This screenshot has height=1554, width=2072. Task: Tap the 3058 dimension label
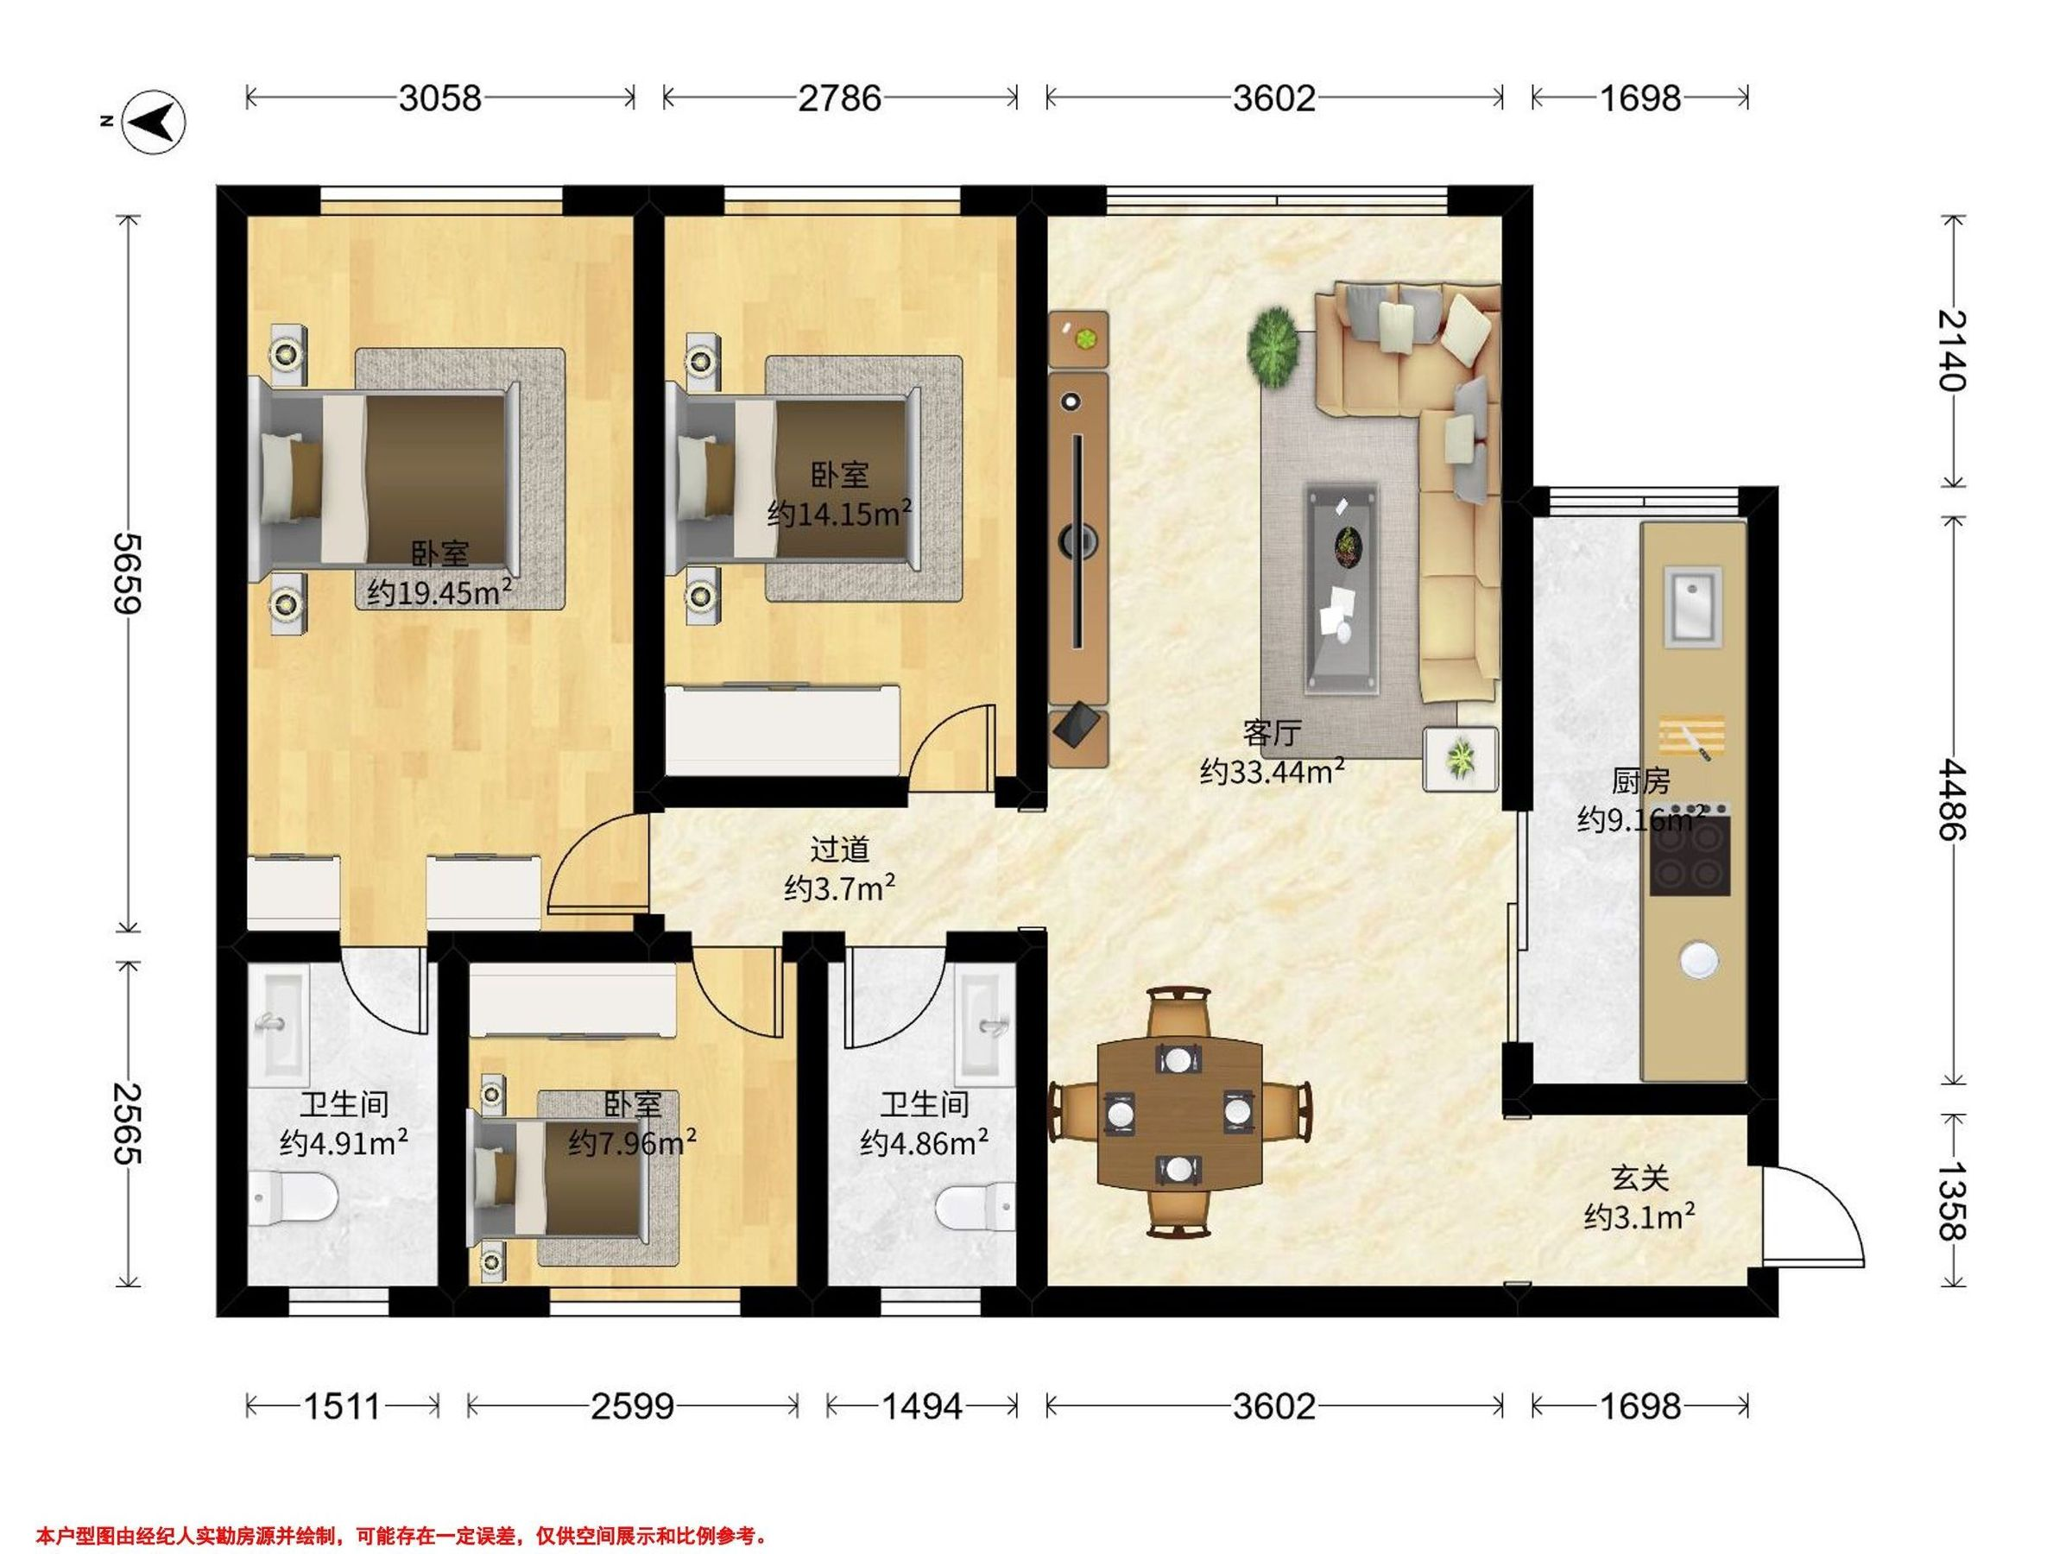tap(439, 98)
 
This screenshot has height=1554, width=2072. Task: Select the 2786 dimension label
tap(839, 98)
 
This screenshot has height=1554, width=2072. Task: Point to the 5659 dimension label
tap(128, 573)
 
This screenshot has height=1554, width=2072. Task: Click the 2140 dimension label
tap(1952, 350)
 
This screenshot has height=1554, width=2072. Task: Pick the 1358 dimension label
tap(1952, 1201)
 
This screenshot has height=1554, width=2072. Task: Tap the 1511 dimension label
tap(341, 1407)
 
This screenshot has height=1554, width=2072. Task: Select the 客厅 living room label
tap(1271, 732)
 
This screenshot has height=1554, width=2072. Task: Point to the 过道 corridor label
tap(839, 850)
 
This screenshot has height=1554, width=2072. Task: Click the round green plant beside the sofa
tap(1274, 344)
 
